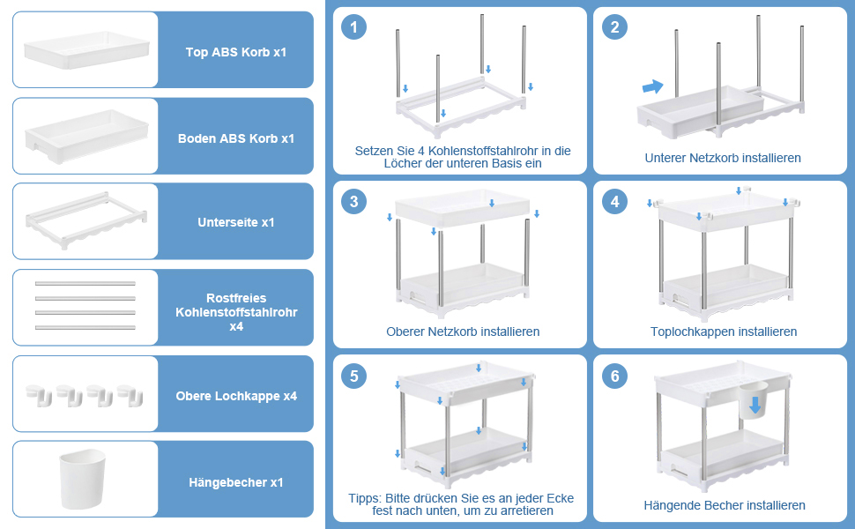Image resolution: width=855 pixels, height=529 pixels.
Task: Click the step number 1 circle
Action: tap(353, 27)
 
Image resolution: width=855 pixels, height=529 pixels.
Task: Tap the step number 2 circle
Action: tap(614, 27)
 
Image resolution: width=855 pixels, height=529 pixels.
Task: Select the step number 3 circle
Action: tap(353, 201)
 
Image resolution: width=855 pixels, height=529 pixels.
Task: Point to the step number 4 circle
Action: tap(614, 201)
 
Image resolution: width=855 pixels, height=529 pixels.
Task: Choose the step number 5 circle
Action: tap(353, 376)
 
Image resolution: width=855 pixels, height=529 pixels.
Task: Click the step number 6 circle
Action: tap(614, 376)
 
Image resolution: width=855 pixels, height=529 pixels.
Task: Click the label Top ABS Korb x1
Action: tap(236, 52)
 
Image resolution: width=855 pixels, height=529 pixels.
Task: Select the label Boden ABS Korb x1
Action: tap(236, 138)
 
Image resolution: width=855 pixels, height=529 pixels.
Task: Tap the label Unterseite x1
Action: tap(236, 222)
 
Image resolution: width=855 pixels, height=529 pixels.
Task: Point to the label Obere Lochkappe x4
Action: tap(236, 396)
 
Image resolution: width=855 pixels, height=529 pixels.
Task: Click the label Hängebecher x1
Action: tap(236, 482)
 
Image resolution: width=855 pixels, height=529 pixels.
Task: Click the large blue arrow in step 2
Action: tap(652, 86)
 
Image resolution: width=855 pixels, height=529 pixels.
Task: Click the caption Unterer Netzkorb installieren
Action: tap(723, 158)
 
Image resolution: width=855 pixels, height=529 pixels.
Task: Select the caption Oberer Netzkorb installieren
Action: tap(463, 332)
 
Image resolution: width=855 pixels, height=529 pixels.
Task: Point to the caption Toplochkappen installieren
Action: tap(724, 332)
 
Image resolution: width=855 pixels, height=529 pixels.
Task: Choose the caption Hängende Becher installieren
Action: tap(724, 505)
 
